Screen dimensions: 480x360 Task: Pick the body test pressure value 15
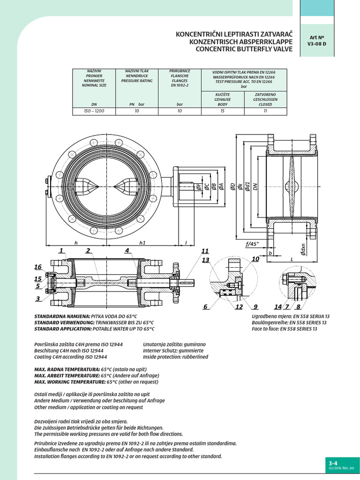tap(222, 112)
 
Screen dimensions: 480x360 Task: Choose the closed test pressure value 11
tap(265, 112)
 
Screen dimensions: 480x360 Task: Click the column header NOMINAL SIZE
tap(94, 86)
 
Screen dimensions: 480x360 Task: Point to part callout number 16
tap(38, 267)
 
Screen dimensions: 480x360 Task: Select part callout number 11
tap(205, 251)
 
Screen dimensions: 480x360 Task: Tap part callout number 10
tap(255, 259)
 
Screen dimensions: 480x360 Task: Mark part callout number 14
tap(278, 307)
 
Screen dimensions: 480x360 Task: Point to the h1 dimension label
tap(142, 242)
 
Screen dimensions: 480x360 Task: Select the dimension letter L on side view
tap(291, 259)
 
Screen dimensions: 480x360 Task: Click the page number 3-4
tap(333, 463)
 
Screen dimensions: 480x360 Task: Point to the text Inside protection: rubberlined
tap(175, 357)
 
